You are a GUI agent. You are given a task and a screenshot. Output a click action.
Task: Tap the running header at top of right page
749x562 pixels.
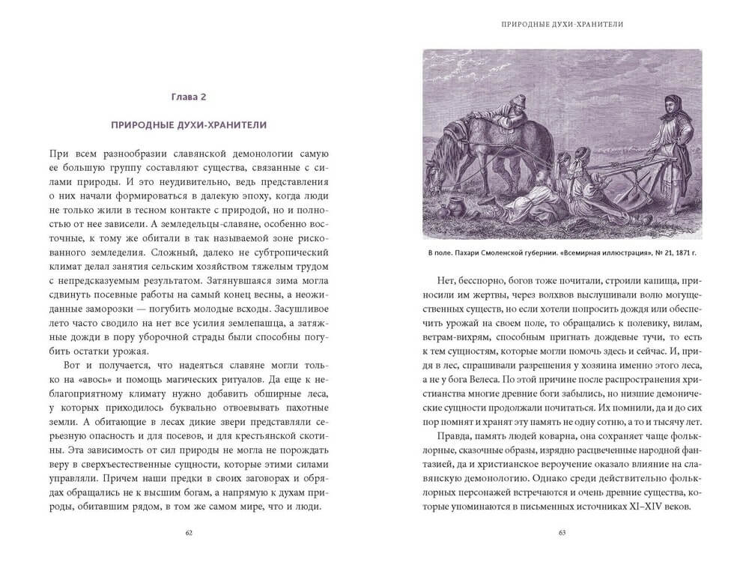[562, 25]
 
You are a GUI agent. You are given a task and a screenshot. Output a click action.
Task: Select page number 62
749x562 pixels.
[188, 534]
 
